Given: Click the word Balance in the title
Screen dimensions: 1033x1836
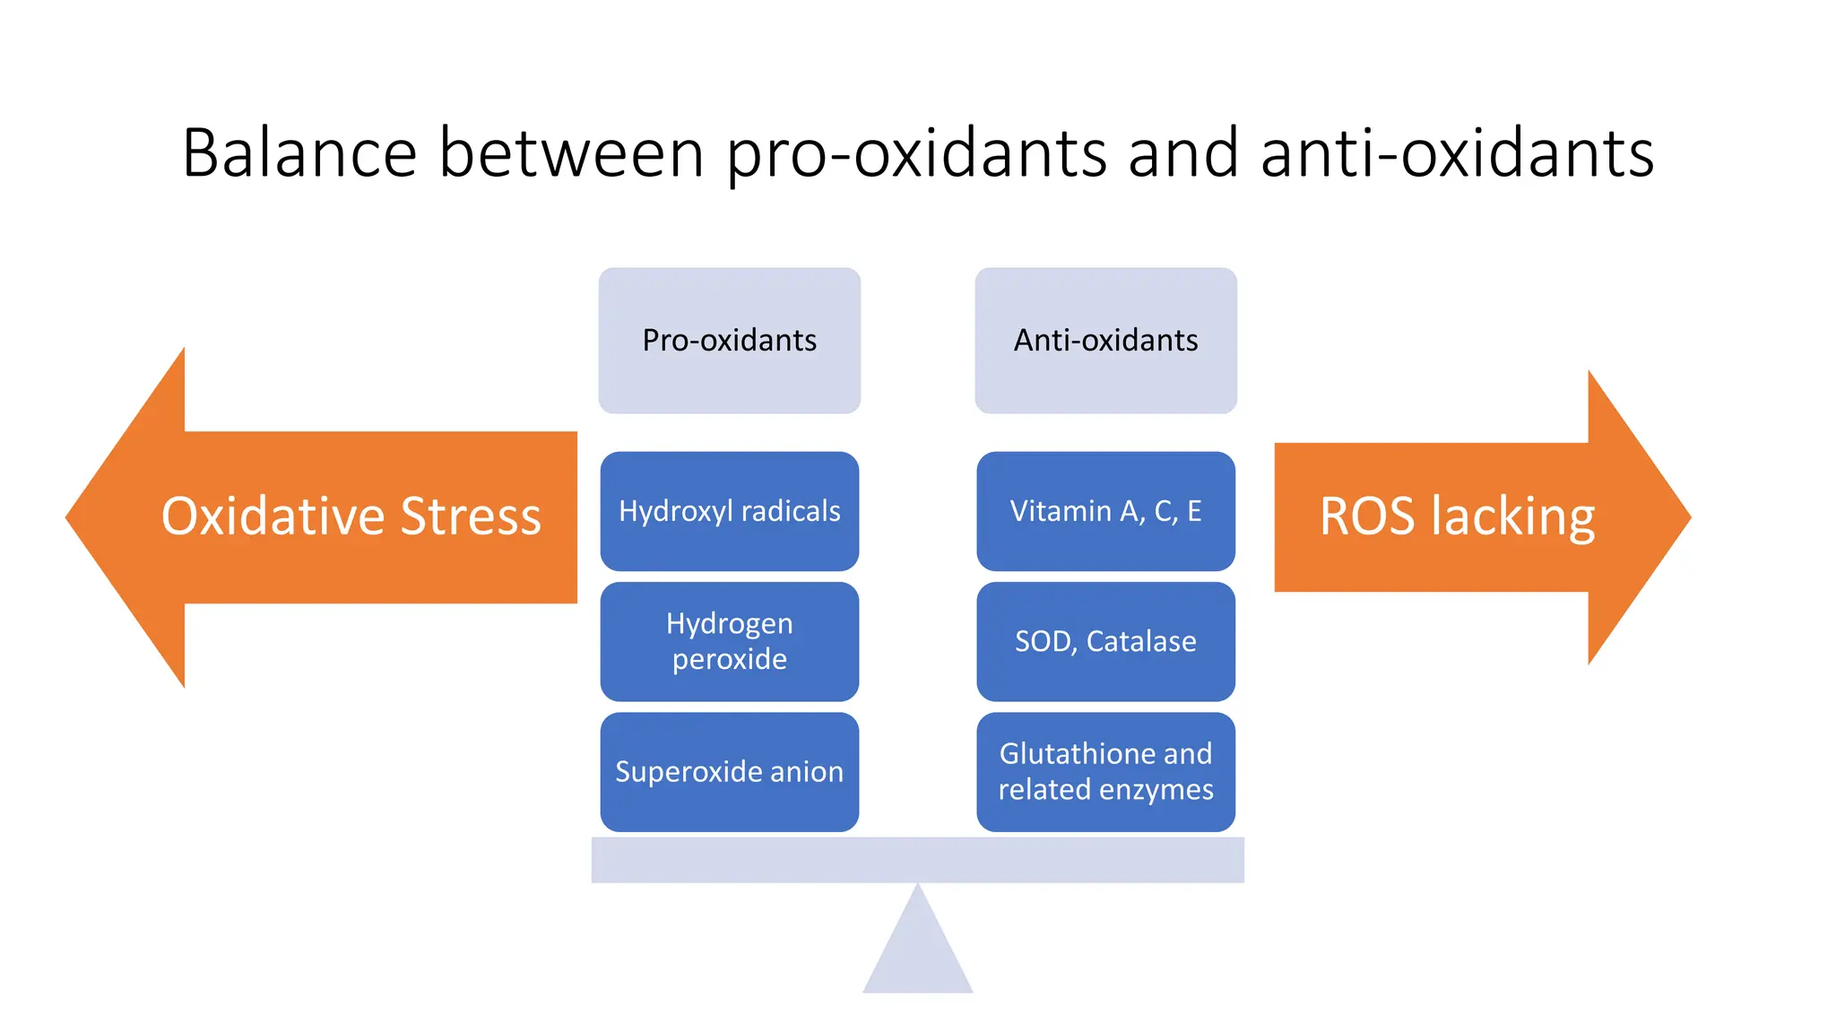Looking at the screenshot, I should point(299,152).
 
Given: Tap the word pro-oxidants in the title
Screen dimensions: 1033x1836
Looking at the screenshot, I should point(915,154).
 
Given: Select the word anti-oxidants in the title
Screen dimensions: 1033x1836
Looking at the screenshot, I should point(1456,152).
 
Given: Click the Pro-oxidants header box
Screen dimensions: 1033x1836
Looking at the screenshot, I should point(729,340).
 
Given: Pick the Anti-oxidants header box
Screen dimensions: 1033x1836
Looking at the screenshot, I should point(1105,340).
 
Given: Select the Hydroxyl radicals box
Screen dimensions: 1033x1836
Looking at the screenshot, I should point(729,511).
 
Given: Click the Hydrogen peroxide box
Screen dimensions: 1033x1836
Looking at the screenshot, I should point(729,641).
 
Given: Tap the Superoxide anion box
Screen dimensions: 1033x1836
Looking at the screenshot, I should point(729,771).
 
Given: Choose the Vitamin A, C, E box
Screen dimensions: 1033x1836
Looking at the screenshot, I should point(1105,511).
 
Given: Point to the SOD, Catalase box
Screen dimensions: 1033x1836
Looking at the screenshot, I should point(1105,641).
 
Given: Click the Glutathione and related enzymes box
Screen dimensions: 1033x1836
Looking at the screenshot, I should point(1105,771).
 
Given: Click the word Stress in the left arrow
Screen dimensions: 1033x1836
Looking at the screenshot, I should point(471,516).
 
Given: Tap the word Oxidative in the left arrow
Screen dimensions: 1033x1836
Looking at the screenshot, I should point(273,516).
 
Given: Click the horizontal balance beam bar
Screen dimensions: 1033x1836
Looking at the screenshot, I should point(917,860).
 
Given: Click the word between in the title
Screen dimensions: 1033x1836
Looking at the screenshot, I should point(571,152).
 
